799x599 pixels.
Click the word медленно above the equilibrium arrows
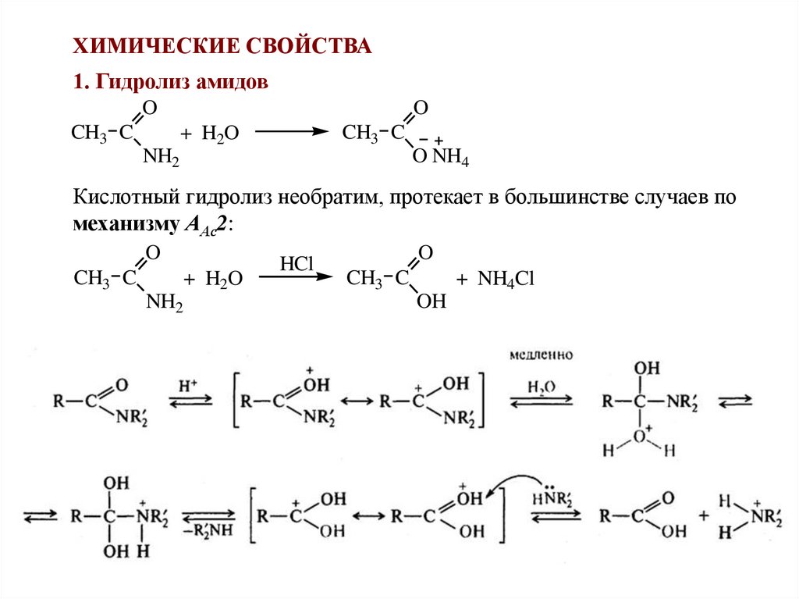(541, 355)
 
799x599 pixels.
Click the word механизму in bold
(126, 224)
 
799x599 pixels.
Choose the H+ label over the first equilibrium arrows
(188, 385)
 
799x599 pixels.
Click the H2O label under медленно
(541, 387)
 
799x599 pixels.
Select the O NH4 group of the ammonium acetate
(439, 158)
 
